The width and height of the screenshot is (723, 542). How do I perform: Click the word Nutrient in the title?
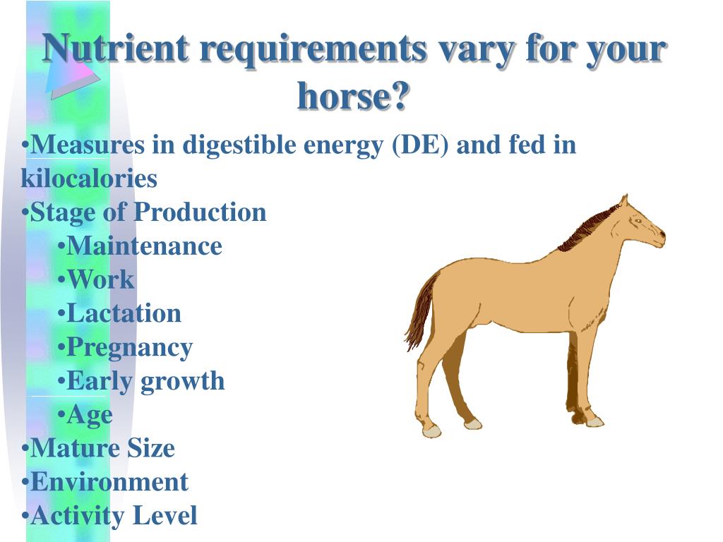116,49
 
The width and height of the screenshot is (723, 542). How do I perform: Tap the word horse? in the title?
353,95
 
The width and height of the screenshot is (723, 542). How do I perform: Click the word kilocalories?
89,179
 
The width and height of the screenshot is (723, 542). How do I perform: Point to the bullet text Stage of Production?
148,212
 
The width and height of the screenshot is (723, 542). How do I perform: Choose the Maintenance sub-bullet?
144,246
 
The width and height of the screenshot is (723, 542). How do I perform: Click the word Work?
100,279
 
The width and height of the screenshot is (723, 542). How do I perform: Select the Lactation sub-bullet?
124,313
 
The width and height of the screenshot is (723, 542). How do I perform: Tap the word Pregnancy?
129,347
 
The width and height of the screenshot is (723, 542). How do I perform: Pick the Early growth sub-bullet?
145,381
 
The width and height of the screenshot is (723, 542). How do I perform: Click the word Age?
90,414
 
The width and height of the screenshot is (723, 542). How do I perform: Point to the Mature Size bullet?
102,448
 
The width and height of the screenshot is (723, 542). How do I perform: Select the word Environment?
109,482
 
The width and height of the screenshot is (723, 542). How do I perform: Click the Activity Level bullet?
114,516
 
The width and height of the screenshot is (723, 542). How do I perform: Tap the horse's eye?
638,221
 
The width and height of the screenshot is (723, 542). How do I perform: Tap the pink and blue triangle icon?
71,74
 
